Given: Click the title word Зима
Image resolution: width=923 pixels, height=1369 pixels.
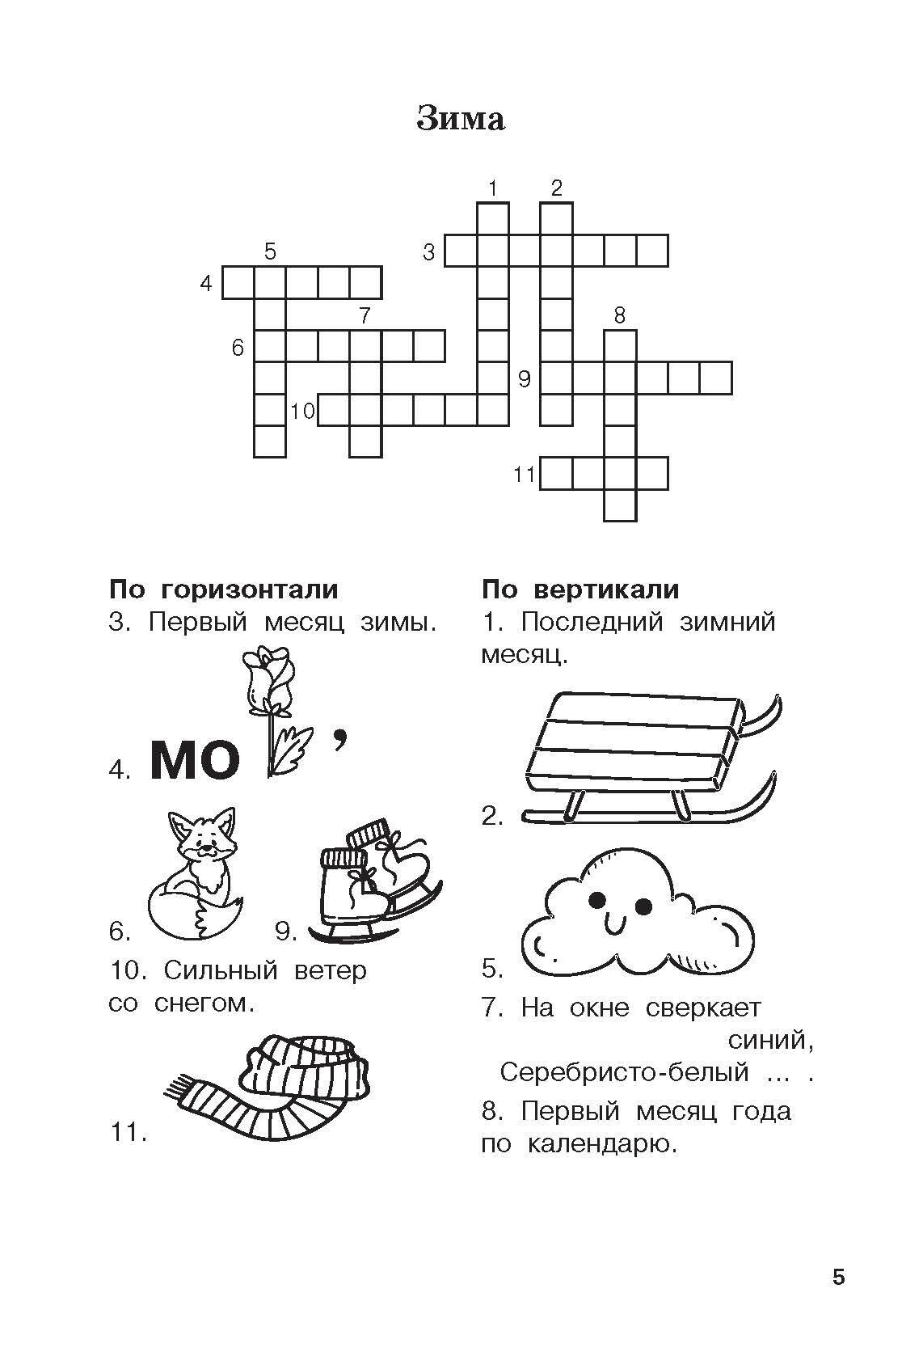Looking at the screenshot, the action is [461, 119].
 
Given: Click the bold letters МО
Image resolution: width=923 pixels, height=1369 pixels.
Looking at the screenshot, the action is [194, 761].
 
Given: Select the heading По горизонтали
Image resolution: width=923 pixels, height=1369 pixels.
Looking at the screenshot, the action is [224, 589].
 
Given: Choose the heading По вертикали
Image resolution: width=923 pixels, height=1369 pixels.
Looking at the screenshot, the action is [580, 589].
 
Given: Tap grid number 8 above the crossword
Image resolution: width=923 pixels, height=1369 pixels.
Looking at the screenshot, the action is [619, 315].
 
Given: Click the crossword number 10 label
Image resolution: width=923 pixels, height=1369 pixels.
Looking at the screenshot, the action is [302, 411].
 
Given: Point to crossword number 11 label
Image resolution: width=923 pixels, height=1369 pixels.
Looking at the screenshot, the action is [525, 475].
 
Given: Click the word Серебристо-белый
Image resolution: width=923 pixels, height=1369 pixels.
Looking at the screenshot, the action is [624, 1072].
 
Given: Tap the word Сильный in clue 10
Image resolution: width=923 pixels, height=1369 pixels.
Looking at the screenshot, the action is [221, 970].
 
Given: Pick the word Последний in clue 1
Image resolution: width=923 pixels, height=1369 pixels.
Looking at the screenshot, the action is [592, 622].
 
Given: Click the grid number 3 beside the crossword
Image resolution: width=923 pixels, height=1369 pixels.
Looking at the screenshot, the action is [429, 251].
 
